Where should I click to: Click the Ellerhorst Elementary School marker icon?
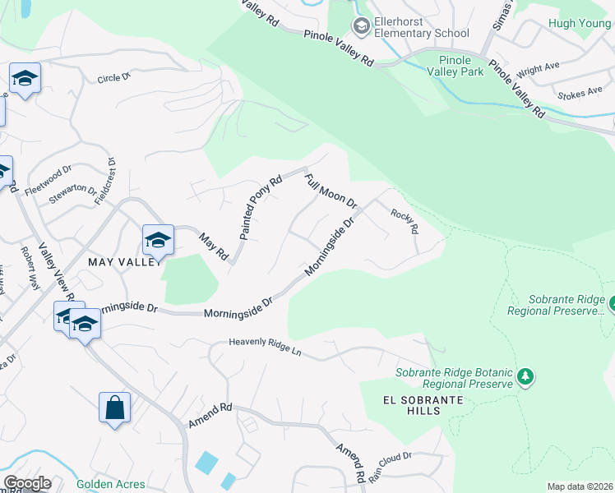[360, 26]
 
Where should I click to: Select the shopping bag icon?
[114, 408]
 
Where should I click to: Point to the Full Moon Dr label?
[330, 191]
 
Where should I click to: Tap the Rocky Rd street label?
[405, 221]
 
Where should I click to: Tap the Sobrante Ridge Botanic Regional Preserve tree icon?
[525, 377]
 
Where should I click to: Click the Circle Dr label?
[114, 79]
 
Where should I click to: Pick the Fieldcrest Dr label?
[104, 181]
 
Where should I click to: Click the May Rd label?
[214, 246]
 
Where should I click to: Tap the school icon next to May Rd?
[158, 240]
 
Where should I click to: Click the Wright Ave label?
[538, 71]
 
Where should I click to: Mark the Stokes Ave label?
[580, 95]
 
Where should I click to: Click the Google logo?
[26, 483]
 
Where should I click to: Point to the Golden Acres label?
[111, 484]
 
